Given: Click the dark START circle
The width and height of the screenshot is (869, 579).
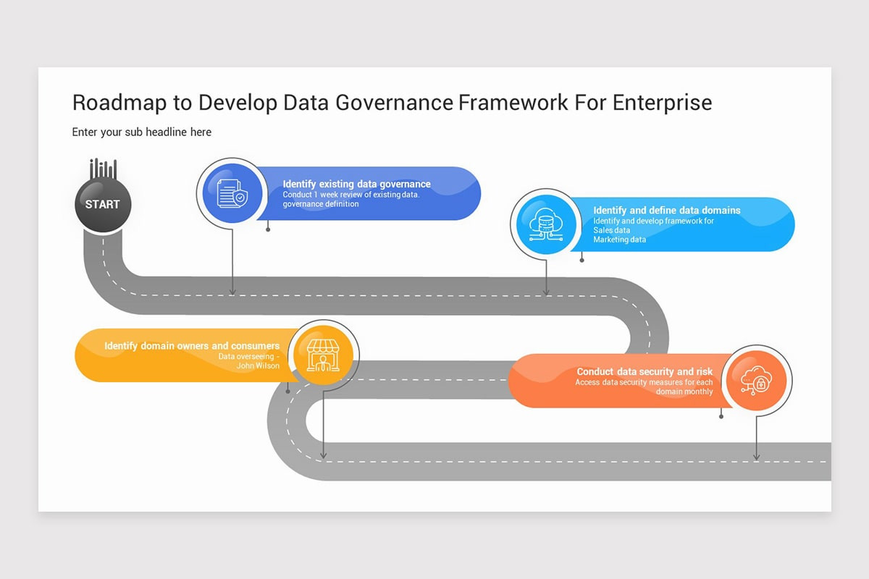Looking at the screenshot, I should (102, 204).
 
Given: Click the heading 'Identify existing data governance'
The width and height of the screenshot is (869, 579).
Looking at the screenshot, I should (356, 184).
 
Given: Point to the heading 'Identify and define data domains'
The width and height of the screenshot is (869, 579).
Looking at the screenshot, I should (666, 210).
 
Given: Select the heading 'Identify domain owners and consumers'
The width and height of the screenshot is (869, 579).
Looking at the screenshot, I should (192, 346).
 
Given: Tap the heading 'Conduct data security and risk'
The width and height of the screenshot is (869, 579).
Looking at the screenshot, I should (645, 371).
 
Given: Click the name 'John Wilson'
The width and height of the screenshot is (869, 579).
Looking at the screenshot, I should (258, 365).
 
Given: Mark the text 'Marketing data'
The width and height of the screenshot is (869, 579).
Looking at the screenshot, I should (619, 240).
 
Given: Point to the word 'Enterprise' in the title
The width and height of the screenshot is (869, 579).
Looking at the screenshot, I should (662, 103).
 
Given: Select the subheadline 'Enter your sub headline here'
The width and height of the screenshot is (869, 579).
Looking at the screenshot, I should (142, 132).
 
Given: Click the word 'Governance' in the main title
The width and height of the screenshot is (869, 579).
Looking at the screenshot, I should (397, 103).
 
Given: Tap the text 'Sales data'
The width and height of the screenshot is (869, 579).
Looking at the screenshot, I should (612, 230).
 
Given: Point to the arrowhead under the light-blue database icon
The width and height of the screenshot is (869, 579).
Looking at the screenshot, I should (546, 292).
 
